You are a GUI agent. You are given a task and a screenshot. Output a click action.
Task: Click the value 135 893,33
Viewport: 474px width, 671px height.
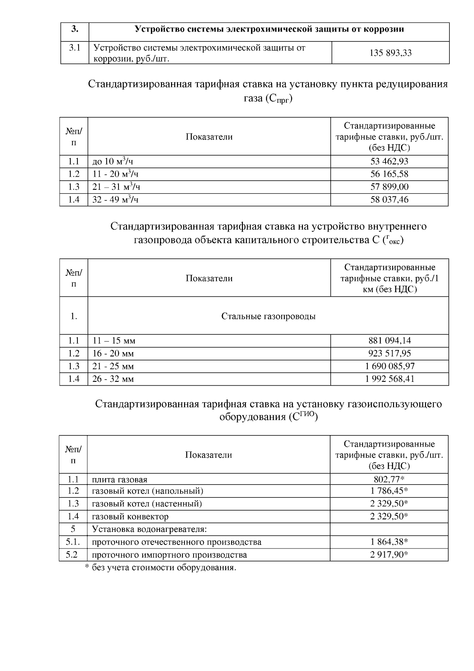point(390,53)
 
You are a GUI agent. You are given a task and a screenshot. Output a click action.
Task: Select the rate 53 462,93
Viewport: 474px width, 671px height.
point(389,161)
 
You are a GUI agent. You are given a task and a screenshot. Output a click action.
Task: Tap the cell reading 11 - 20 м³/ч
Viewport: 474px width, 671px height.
point(115,174)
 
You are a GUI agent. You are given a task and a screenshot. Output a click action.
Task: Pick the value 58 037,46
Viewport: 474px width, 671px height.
point(389,200)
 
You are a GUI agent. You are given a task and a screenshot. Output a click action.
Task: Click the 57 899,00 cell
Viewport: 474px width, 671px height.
point(389,187)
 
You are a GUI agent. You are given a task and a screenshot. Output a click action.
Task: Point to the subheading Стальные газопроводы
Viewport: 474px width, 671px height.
point(268,316)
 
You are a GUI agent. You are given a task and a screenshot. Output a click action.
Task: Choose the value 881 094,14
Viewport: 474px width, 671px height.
point(389,341)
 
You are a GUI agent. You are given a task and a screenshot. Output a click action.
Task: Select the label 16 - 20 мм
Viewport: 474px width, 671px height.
point(113,354)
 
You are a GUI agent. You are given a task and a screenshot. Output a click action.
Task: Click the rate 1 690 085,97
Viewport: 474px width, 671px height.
point(389,366)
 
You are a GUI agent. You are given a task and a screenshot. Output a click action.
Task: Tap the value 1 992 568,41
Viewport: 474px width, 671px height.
point(389,379)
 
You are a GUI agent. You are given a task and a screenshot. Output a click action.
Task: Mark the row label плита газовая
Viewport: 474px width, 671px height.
point(120,480)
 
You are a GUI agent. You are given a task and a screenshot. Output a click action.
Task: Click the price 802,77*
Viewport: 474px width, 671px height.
point(389,480)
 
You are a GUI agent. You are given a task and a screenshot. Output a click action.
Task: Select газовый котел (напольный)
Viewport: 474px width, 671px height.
point(147,491)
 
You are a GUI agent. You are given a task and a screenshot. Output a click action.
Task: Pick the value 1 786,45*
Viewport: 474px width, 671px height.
point(389,491)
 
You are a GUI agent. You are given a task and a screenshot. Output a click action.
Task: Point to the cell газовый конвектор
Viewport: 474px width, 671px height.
point(130,516)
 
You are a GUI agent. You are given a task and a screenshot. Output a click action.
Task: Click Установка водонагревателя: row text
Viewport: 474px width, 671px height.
point(149,529)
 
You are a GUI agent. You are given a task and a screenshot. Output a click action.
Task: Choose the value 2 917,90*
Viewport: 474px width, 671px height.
point(389,555)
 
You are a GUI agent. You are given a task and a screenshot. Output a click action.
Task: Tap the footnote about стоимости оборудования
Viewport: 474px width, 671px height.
point(161,568)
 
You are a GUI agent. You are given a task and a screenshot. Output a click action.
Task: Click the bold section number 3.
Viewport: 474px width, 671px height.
point(75,29)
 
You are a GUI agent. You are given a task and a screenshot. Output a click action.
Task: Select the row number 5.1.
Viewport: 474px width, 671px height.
point(73,542)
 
